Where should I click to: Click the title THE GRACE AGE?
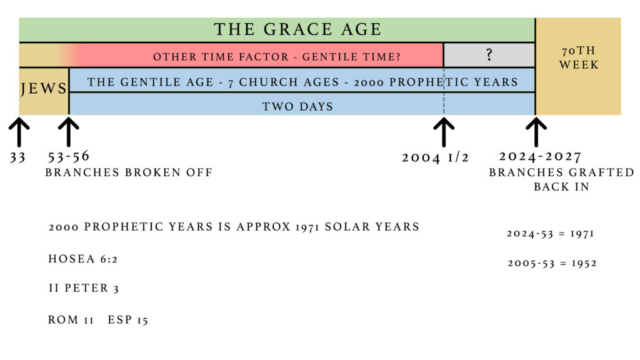297,29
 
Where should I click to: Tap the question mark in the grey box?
489,55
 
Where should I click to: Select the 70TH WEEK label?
579,57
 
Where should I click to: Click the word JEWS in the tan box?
43,89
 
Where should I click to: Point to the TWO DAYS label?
297,106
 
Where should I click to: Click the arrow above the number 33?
19,132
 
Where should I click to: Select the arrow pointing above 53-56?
69,132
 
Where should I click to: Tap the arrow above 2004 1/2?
444,132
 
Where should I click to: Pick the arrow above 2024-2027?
536,132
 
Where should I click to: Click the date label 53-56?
69,156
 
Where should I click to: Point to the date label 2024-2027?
540,156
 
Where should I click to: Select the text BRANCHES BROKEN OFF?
129,172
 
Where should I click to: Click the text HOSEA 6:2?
83,259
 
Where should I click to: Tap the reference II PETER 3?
84,288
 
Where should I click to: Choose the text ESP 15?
127,319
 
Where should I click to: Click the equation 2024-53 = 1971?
550,234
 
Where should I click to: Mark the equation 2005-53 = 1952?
552,263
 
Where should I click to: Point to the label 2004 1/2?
436,157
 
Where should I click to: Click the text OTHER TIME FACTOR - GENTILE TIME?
277,57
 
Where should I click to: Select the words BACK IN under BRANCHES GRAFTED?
562,186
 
